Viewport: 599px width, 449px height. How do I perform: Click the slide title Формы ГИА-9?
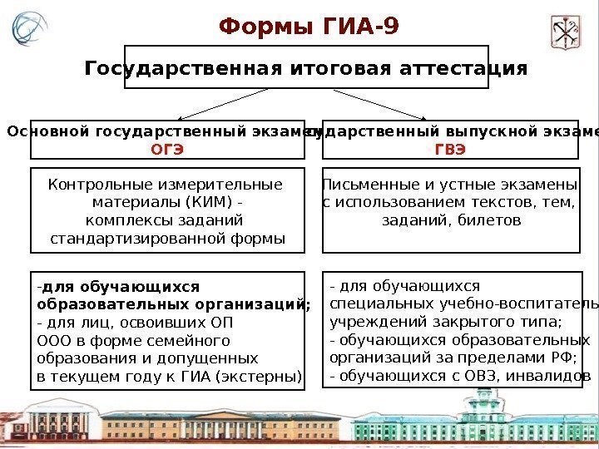(309, 28)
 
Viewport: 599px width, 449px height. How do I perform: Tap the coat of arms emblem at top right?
(566, 32)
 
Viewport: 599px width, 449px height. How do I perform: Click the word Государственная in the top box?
(177, 67)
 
